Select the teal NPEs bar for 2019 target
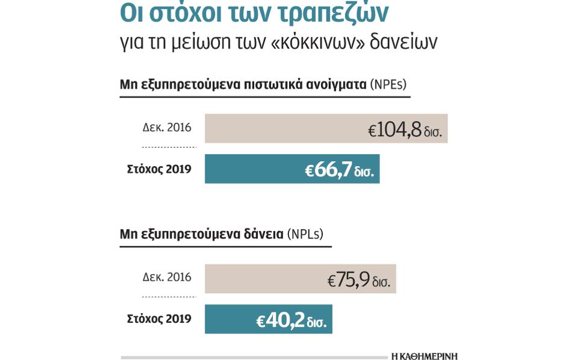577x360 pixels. click(253, 169)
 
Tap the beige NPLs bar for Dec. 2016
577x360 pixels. click(265, 279)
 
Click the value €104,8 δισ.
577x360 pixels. click(405, 129)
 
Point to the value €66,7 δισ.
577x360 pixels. click(339, 170)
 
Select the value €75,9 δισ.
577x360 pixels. click(359, 280)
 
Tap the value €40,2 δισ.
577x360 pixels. click(292, 320)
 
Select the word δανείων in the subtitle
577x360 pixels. click(403, 42)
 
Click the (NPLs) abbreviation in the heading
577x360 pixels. click(305, 234)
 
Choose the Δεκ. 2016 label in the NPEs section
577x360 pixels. click(167, 128)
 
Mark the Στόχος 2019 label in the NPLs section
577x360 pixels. click(159, 319)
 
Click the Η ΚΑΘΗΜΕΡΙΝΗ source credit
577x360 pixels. click(424, 356)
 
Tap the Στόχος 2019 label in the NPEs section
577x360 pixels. click(159, 169)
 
